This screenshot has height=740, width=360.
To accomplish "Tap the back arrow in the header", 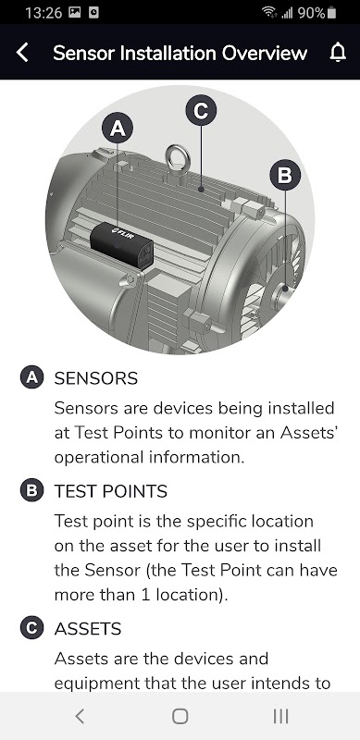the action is point(22,53).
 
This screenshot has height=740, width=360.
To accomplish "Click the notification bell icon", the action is point(338,53).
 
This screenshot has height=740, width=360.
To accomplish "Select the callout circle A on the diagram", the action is point(118,129).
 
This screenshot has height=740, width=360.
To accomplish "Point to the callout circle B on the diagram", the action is point(285,175).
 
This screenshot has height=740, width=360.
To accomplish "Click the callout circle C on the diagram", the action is point(201,111).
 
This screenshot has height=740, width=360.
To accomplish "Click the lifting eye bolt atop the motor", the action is point(178,161).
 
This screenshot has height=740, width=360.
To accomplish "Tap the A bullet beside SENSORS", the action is point(32,377).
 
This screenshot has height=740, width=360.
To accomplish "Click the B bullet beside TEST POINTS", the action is point(32,491).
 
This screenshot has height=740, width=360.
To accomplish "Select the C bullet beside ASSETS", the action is point(32,628).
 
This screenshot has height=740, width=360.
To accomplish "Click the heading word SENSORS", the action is point(96,378).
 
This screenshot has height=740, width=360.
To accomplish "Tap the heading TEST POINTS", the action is point(111,492).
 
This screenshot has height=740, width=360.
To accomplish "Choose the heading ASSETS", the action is point(88,629).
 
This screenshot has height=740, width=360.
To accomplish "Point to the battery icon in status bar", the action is point(331,13).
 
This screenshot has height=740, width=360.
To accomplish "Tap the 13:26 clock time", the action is point(43,13).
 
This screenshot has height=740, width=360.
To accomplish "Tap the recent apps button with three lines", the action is point(281,716).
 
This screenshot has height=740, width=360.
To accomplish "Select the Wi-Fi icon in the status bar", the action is point(269,13).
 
